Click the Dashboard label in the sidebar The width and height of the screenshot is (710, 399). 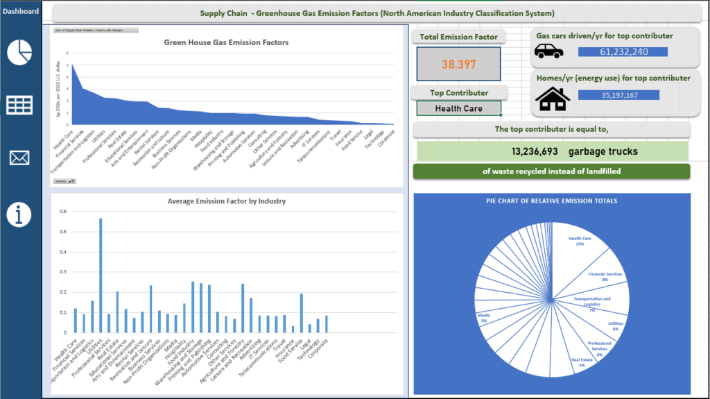[19, 11]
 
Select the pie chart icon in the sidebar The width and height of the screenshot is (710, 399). [19, 53]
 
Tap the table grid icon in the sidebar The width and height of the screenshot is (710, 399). [19, 105]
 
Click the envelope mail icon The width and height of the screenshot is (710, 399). [19, 158]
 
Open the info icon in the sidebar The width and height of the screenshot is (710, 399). [19, 214]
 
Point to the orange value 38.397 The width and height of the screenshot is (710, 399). [458, 65]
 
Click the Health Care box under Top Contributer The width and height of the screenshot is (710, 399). [458, 108]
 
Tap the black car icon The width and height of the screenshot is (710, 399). [548, 51]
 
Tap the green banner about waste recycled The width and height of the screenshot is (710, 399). [551, 171]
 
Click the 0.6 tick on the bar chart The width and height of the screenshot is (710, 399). [62, 212]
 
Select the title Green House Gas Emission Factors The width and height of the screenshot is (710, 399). [226, 42]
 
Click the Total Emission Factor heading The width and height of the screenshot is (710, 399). [458, 37]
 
